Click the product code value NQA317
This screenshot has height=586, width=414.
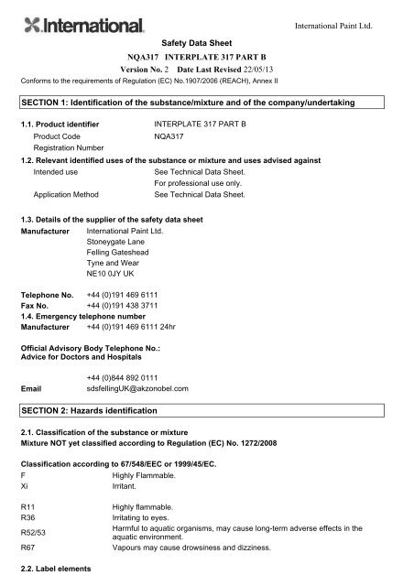(x=172, y=135)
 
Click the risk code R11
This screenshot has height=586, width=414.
(x=26, y=505)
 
